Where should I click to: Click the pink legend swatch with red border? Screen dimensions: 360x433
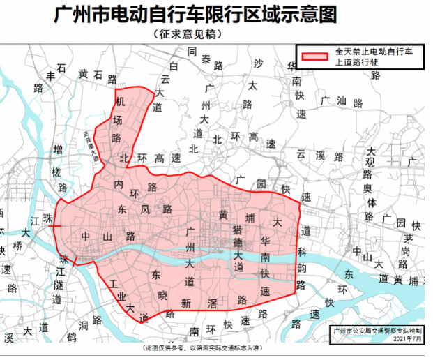315,57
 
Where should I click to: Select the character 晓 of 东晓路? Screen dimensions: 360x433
163,296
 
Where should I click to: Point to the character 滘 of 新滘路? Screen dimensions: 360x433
213,303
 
